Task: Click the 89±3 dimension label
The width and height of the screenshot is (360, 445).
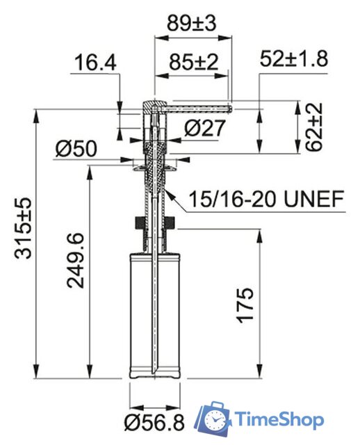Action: click(x=192, y=22)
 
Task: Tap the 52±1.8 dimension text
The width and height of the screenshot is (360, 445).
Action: click(x=293, y=58)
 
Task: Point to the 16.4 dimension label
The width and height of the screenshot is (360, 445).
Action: click(x=97, y=63)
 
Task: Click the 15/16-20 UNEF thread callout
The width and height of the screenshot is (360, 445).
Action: click(x=267, y=200)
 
